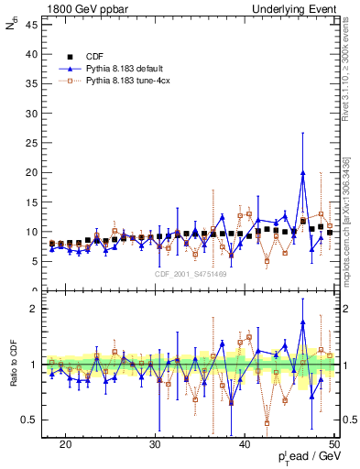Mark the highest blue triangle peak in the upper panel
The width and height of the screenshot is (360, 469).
(303, 172)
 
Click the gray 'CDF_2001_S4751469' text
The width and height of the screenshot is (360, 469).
(190, 274)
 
